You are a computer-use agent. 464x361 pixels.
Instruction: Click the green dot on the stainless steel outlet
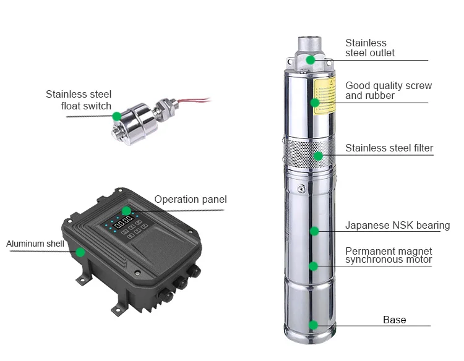click(310, 59)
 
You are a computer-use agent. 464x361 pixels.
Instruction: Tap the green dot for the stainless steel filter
click(318, 156)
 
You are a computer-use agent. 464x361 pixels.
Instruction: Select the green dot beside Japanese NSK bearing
click(314, 231)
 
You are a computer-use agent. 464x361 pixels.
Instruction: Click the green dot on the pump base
click(314, 325)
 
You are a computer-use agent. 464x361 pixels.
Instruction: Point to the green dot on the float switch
click(116, 115)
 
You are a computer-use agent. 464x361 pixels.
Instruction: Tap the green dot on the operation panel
click(126, 211)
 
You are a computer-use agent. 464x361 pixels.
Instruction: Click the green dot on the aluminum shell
click(80, 252)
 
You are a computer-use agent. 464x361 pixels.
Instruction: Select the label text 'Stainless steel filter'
click(389, 148)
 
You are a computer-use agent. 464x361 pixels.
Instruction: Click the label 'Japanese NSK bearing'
click(397, 226)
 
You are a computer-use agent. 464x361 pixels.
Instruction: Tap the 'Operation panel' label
click(191, 199)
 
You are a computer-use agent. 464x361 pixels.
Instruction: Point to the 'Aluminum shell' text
click(35, 244)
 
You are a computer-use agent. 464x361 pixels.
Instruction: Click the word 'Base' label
click(394, 320)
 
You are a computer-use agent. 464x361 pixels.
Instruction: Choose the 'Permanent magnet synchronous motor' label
click(389, 255)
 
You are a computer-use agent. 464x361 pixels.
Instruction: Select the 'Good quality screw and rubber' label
click(389, 90)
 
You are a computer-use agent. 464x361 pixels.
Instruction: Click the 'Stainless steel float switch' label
click(79, 100)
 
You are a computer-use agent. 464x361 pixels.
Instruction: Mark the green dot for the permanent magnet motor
click(313, 266)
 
